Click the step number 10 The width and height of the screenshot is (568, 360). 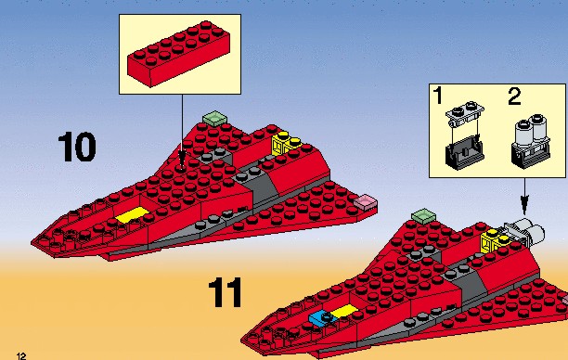[77, 147]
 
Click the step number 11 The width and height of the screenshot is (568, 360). [226, 292]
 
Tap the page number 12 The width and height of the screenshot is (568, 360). [21, 355]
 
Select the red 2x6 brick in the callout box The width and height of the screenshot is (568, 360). [179, 54]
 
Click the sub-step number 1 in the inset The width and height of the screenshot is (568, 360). [438, 96]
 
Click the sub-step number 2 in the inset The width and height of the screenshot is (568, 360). [514, 96]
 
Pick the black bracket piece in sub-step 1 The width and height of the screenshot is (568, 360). [465, 156]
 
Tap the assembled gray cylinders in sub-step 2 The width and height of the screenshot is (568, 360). [531, 141]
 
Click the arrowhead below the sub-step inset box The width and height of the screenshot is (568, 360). [524, 205]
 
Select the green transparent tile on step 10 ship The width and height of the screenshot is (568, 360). [214, 118]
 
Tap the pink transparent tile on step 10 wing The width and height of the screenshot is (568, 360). [365, 201]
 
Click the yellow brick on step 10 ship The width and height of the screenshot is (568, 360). [286, 144]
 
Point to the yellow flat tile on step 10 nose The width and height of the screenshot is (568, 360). [132, 214]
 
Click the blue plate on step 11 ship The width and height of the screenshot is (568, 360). [323, 318]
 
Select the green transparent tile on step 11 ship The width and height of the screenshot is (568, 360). [423, 216]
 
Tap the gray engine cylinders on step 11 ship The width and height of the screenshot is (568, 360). [523, 232]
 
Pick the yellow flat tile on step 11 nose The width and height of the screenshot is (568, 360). [344, 312]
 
